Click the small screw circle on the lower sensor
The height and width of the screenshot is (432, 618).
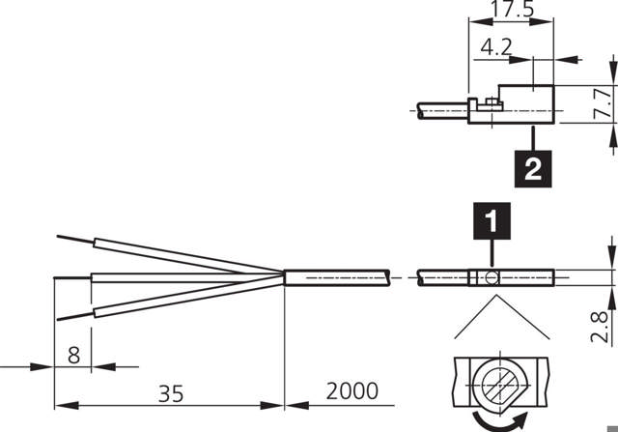pyautogui.click(x=492, y=278)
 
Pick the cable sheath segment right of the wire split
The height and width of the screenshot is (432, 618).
pyautogui.click(x=338, y=278)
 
